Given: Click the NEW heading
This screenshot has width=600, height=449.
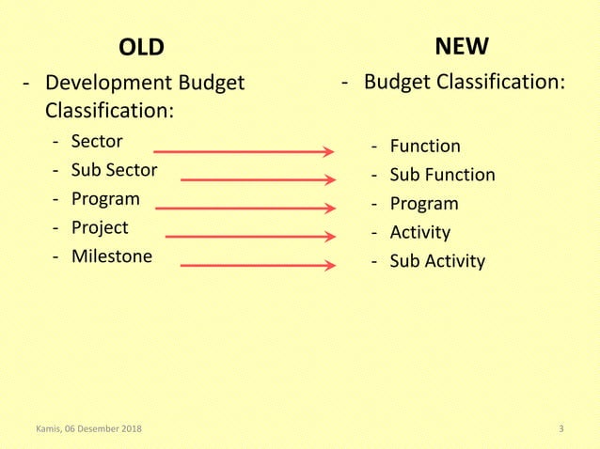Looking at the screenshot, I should (461, 46).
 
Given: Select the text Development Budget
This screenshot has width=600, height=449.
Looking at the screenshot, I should (145, 83).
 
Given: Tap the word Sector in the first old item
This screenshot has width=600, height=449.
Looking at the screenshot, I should (97, 142).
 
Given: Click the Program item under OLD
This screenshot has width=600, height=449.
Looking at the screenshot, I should (105, 199).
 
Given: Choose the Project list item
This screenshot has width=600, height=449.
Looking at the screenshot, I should (100, 227).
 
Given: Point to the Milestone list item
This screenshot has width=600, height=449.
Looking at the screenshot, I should (111, 256).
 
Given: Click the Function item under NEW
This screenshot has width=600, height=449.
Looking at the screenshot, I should (425, 146).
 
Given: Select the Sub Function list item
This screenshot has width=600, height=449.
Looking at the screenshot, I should (442, 175).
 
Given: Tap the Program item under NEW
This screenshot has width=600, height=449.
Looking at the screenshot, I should (424, 204).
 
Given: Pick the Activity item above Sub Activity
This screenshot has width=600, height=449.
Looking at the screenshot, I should (419, 232).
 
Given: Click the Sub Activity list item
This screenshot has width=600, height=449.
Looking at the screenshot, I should (437, 260).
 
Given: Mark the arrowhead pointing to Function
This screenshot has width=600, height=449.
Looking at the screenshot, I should (329, 150).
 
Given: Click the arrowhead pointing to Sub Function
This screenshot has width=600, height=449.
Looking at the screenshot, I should (329, 179).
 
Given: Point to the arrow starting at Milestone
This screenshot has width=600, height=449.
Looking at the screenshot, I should (256, 266).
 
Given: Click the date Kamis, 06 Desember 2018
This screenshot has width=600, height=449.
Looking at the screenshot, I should (88, 430).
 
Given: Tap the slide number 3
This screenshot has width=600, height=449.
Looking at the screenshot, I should (561, 430).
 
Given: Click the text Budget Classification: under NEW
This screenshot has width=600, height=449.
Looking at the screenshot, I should (465, 83).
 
